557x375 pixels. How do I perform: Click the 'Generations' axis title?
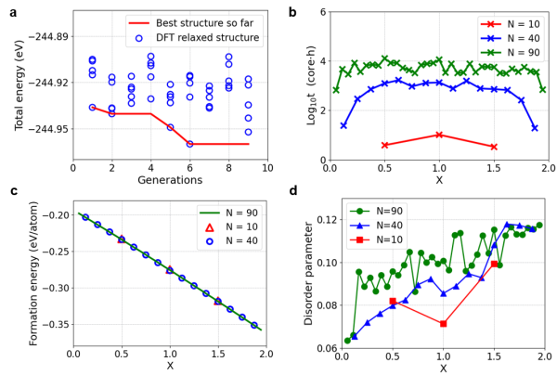(170, 180)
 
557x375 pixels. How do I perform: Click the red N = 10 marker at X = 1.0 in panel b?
(439, 135)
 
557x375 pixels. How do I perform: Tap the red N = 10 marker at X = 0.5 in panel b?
(384, 145)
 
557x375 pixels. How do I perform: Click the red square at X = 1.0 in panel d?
(443, 324)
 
